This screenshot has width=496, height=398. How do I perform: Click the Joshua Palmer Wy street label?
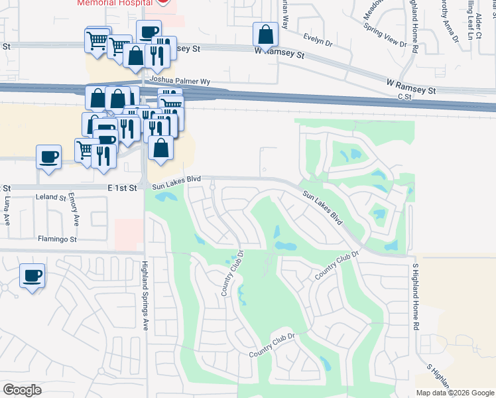[x=180, y=82]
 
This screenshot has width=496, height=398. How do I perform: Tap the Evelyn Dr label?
[x=317, y=40]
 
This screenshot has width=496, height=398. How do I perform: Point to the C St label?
[x=405, y=96]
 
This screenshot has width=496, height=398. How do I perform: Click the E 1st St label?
[x=122, y=188]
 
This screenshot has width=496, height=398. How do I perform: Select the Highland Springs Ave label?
[x=144, y=295]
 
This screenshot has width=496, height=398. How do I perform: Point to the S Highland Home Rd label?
[x=416, y=297]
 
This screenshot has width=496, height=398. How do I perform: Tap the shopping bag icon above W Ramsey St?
[x=265, y=36]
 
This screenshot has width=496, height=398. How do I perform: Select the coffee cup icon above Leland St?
[x=48, y=157]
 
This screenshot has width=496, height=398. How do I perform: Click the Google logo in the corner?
[x=22, y=390]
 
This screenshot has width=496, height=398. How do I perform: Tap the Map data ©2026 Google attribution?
[x=455, y=393]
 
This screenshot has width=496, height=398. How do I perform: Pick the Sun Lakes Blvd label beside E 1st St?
[x=176, y=182]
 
